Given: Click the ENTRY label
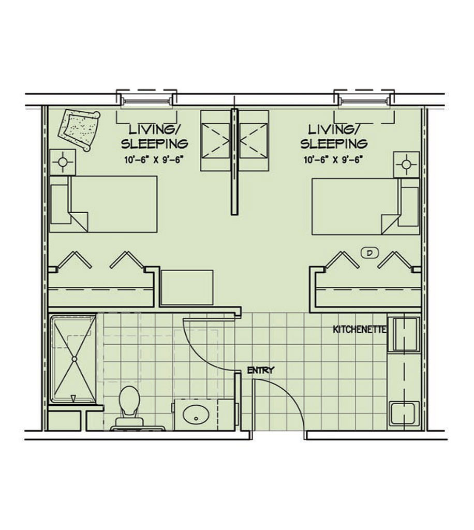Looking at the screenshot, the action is [260, 370].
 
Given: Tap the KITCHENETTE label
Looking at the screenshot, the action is [360, 329].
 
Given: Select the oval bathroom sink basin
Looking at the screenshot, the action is [196, 415].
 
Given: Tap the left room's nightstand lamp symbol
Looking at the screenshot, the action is [62, 162].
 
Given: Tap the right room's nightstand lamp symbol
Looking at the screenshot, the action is [406, 165].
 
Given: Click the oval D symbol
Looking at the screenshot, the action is [369, 253].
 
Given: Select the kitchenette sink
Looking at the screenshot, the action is [405, 413].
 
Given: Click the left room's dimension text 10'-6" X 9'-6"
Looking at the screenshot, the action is [154, 160].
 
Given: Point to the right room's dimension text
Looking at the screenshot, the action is [333, 160].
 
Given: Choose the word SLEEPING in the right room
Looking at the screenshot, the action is [334, 144].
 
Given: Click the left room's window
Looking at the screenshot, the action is [146, 100].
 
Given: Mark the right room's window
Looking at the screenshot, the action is [364, 100].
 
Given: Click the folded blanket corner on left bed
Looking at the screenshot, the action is [80, 222].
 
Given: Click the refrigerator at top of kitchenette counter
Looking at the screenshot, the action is [404, 334].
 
